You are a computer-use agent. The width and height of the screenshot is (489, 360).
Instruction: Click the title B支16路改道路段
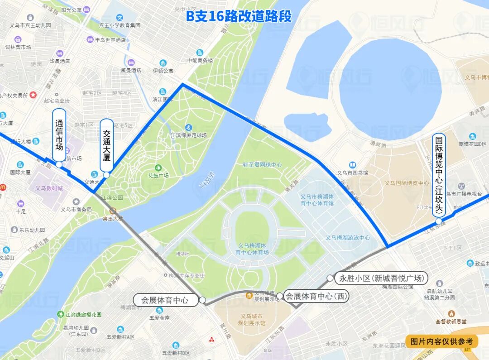coord(239,17)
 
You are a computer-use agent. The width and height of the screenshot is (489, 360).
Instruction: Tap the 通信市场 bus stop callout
coord(59,134)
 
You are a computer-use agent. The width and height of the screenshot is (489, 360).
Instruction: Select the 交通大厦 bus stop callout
coord(106,144)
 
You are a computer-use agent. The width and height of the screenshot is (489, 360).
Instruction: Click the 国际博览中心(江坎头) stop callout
coord(439,175)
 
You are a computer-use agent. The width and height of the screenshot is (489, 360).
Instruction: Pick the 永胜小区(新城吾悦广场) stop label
coord(381,278)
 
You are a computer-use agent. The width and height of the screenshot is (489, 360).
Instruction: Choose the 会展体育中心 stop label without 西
coord(166,300)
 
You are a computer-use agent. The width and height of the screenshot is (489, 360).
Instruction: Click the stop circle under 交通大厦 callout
coord(106,175)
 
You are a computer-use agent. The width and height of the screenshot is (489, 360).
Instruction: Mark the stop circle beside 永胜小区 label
coord(330,278)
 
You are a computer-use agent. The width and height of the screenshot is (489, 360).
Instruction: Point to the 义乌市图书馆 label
coord(352,173)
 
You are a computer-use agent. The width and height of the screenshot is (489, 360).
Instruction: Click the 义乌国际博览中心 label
coord(407,183)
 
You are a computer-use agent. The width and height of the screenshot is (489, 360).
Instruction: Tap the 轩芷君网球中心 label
coord(262,165)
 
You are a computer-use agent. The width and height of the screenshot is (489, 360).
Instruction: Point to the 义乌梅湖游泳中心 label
coord(347,238)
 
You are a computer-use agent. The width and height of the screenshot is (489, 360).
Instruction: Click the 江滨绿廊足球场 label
coord(189,135)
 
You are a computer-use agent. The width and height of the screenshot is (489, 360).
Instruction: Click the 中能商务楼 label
coord(199,60)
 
